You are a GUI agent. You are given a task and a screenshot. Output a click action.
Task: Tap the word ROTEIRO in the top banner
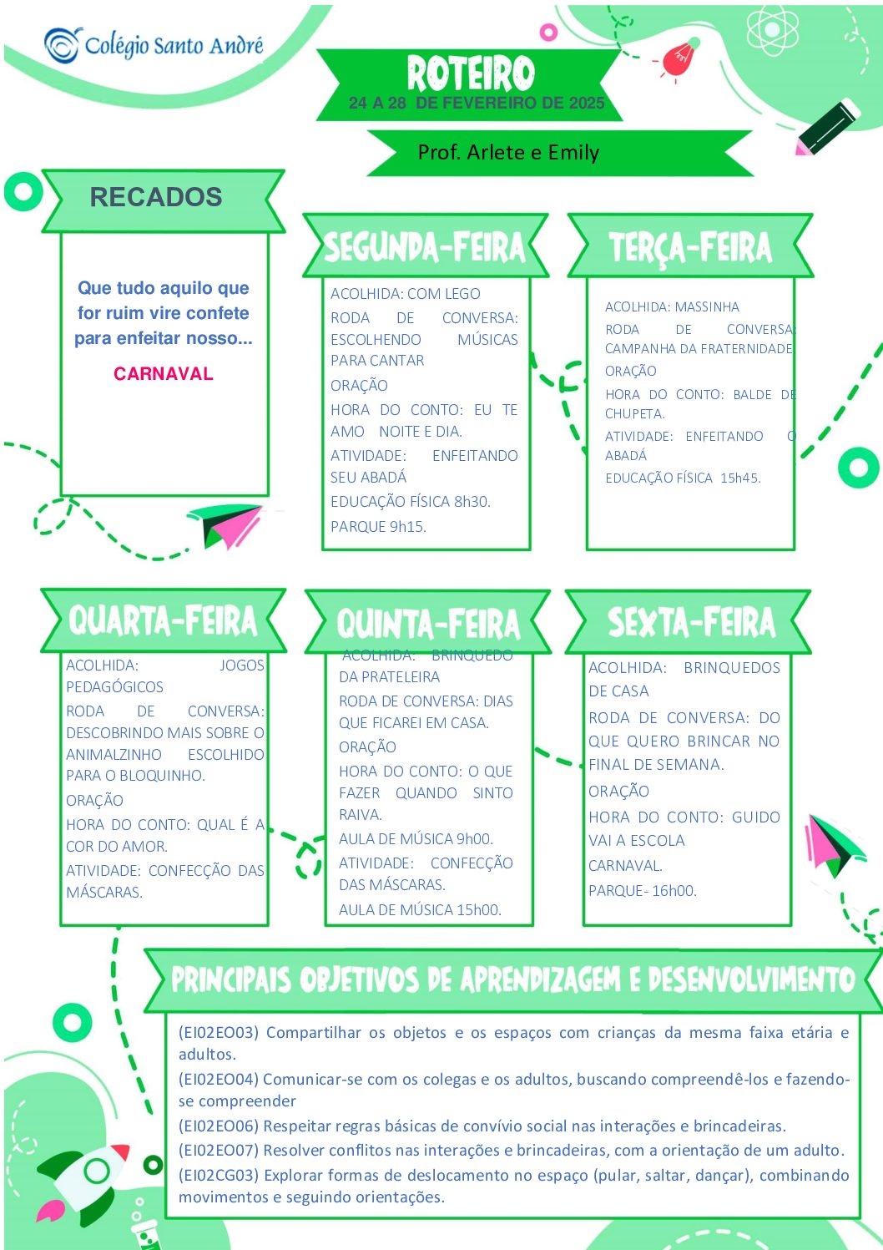[x=470, y=73]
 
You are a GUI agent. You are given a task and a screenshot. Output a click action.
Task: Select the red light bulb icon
[x=679, y=58]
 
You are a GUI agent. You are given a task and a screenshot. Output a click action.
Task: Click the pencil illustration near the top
[x=827, y=127]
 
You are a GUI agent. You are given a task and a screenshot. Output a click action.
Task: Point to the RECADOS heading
[x=156, y=197]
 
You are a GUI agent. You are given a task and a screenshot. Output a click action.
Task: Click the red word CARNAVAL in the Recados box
[x=164, y=373]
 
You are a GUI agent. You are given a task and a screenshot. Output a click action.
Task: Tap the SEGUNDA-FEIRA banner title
[x=425, y=247]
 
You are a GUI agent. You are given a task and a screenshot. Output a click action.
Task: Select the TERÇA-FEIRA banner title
[x=690, y=247]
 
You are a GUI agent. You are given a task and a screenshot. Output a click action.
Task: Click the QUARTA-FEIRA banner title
[x=163, y=620]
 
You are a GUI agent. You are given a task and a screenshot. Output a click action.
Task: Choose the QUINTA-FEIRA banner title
[x=428, y=623]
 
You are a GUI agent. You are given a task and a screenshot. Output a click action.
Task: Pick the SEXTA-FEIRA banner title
[x=691, y=621]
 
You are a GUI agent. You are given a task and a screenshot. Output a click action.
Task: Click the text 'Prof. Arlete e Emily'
[x=508, y=152]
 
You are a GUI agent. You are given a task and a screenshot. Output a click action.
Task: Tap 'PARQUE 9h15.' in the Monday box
[x=378, y=526]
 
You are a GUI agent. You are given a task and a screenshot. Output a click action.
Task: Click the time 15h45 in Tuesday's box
[x=740, y=478]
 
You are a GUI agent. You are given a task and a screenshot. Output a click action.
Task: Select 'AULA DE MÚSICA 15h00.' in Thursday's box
[x=420, y=909]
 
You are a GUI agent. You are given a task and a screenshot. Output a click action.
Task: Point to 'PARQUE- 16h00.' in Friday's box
[x=643, y=890]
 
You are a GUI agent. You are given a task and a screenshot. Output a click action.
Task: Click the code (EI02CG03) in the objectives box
[x=219, y=1175]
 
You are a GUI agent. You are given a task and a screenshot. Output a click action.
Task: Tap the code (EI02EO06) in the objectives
[x=219, y=1126]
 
